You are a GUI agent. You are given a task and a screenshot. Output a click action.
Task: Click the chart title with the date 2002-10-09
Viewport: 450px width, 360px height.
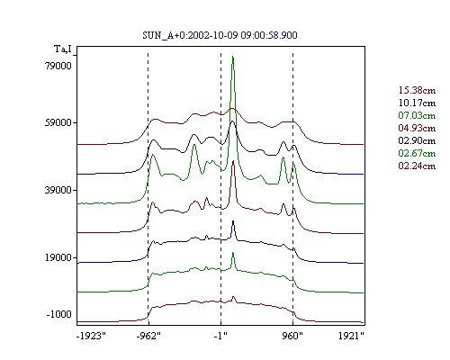[220, 35]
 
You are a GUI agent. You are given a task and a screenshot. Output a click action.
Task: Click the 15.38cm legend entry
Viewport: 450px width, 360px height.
[417, 90]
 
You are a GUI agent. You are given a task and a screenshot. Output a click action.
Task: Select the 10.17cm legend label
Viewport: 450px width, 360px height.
[417, 103]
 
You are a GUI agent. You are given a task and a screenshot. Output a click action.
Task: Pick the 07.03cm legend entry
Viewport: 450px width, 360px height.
[417, 115]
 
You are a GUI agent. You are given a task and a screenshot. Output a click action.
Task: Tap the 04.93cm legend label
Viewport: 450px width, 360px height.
[417, 128]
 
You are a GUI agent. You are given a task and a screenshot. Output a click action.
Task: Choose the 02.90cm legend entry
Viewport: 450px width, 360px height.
[417, 140]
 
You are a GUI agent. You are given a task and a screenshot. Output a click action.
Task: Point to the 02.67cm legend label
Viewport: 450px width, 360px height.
[417, 153]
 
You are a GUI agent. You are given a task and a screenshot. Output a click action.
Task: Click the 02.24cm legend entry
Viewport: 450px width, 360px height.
[417, 166]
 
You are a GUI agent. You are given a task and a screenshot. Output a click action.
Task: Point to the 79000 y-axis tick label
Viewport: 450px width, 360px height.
[58, 66]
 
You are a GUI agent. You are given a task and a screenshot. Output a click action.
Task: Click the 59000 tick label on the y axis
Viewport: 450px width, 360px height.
[58, 122]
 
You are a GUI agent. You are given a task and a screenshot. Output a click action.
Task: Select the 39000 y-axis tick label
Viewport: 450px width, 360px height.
[58, 190]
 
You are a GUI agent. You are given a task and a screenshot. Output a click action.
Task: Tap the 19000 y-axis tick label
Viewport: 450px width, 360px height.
[58, 257]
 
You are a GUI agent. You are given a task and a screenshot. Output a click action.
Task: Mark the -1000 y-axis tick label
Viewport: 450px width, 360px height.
[58, 314]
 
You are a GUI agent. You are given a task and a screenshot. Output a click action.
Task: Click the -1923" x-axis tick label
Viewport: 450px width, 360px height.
[91, 336]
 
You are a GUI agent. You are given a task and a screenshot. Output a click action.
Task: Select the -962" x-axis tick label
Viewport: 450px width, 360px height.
[148, 336]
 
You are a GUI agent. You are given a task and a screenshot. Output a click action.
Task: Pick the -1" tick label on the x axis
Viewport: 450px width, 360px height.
[220, 336]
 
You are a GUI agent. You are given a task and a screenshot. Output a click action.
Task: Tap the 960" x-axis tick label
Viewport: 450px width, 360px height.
[292, 336]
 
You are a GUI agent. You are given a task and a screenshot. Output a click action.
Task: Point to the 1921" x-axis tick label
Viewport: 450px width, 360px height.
[351, 336]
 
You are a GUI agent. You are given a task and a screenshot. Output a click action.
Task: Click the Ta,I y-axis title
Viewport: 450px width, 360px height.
[63, 49]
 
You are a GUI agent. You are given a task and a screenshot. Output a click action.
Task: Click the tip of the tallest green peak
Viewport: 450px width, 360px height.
[233, 56]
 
